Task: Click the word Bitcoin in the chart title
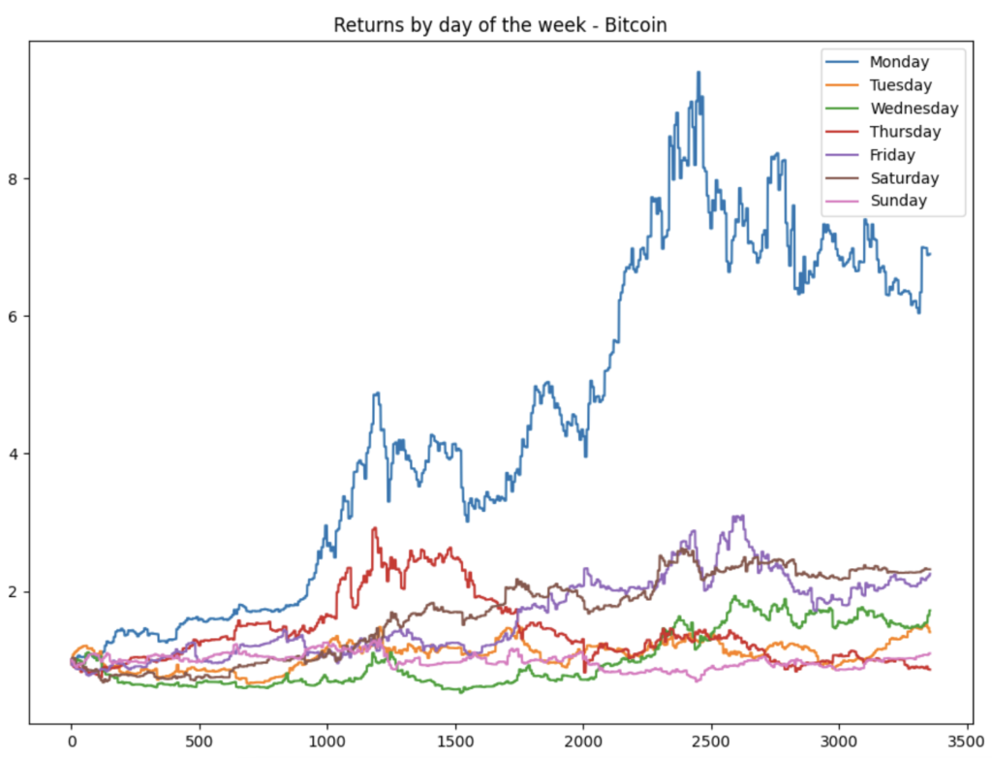point(636,25)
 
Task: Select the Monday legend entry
point(899,62)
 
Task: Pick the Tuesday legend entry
point(900,85)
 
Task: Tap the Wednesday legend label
point(914,109)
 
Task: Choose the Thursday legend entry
point(905,132)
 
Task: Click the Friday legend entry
point(892,155)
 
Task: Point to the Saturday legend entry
point(904,178)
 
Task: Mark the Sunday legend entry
point(898,202)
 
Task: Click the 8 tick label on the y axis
point(15,178)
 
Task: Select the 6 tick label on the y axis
point(15,316)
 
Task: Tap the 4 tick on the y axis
point(15,454)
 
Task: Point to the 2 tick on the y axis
point(15,591)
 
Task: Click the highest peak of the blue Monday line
point(698,73)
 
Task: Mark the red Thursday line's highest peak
point(374,529)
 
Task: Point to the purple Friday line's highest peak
point(738,517)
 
